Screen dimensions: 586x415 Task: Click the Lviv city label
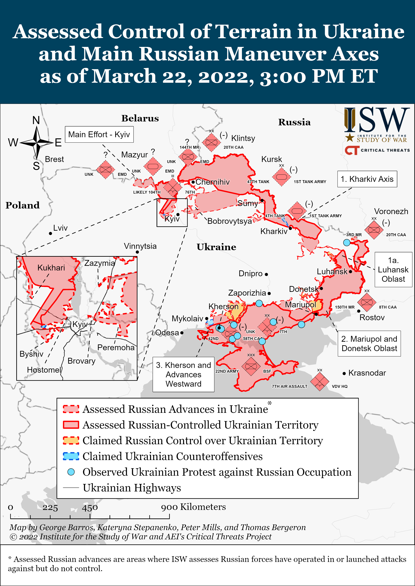(x=60, y=228)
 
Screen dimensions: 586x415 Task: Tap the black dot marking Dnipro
(x=266, y=274)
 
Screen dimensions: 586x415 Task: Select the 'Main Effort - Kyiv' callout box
(x=99, y=134)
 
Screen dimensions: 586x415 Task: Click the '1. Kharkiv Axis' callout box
(x=367, y=179)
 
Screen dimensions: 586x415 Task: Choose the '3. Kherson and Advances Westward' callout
(x=183, y=374)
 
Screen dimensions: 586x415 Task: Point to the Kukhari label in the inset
(x=51, y=268)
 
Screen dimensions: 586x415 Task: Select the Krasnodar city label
(x=367, y=373)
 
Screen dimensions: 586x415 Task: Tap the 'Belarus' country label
(x=140, y=118)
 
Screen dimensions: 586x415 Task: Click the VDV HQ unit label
(x=340, y=386)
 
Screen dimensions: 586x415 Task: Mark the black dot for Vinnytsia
(x=137, y=252)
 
